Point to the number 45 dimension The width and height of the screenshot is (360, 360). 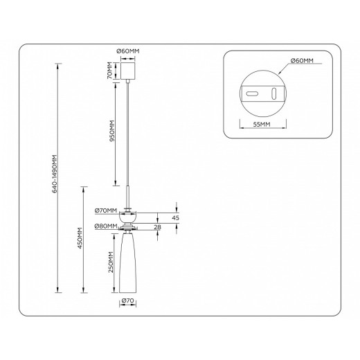[175, 217]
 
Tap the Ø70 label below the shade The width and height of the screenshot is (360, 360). [127, 302]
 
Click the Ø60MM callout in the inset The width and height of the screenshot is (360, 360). [302, 61]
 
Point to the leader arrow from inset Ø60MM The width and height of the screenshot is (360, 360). [281, 67]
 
